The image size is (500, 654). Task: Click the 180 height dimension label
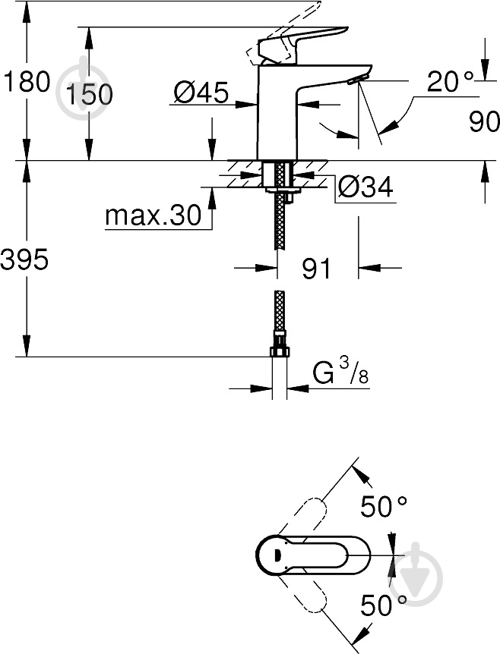tap(27, 81)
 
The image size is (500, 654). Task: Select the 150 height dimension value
tap(90, 94)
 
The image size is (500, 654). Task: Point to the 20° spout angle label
tap(451, 81)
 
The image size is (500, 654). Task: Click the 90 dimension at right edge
tap(484, 122)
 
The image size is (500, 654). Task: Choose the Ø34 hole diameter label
tap(365, 187)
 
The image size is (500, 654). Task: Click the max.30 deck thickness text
tap(153, 215)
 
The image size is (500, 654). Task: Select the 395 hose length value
tap(24, 259)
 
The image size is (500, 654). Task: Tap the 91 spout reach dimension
tap(316, 268)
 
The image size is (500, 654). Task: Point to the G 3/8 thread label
tap(340, 372)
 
